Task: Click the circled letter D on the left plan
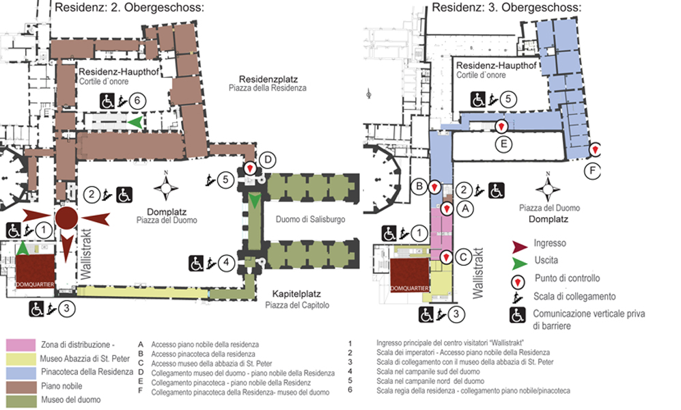pos(268,160)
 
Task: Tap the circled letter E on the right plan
pos(502,144)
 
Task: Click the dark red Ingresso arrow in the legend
pos(523,243)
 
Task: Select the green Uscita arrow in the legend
pos(521,260)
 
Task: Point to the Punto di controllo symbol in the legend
pos(520,279)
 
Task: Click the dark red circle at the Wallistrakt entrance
pos(66,219)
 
